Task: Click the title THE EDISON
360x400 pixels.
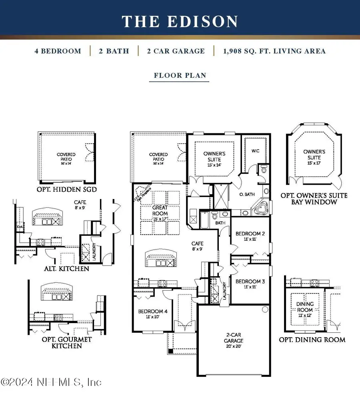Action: pyautogui.click(x=180, y=21)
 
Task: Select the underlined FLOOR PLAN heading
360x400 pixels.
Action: pyautogui.click(x=179, y=75)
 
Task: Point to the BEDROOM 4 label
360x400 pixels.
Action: pyautogui.click(x=150, y=314)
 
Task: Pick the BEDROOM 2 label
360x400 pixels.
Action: pyautogui.click(x=250, y=236)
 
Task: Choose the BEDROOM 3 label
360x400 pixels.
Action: pyautogui.click(x=250, y=284)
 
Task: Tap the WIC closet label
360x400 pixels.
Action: pyautogui.click(x=256, y=151)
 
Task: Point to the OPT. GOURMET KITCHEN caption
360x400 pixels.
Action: pyautogui.click(x=66, y=342)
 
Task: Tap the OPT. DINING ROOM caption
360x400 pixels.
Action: pyautogui.click(x=312, y=340)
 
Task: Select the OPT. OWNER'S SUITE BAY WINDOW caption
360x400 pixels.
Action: pyautogui.click(x=314, y=199)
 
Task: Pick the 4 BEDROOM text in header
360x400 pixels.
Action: pyautogui.click(x=58, y=51)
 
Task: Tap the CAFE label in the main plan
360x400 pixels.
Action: pyautogui.click(x=197, y=245)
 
